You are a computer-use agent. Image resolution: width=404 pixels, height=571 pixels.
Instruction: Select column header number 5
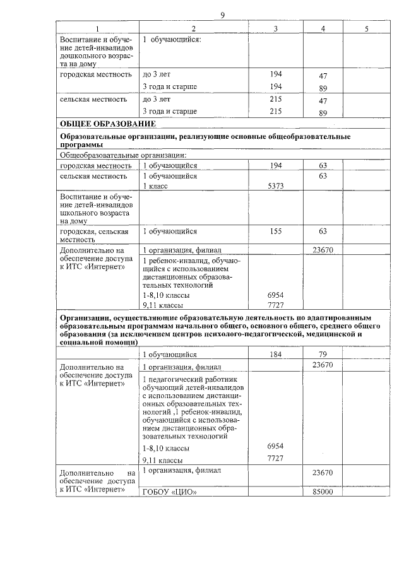[366, 28]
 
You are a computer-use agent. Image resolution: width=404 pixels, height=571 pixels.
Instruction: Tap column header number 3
[275, 28]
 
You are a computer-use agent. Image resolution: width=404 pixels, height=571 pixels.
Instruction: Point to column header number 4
[323, 28]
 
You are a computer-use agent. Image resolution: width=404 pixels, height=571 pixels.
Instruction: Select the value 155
[275, 232]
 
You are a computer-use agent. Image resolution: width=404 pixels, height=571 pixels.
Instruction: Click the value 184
[275, 355]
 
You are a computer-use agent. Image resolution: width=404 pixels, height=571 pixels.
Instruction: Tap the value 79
[323, 355]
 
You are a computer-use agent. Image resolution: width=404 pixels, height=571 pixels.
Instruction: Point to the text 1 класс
[156, 186]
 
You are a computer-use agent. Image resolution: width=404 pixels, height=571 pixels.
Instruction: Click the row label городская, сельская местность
[94, 235]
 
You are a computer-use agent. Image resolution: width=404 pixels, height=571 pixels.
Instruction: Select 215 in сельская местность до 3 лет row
[275, 99]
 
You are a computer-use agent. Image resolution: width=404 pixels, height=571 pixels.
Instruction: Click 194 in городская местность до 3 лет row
[275, 74]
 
